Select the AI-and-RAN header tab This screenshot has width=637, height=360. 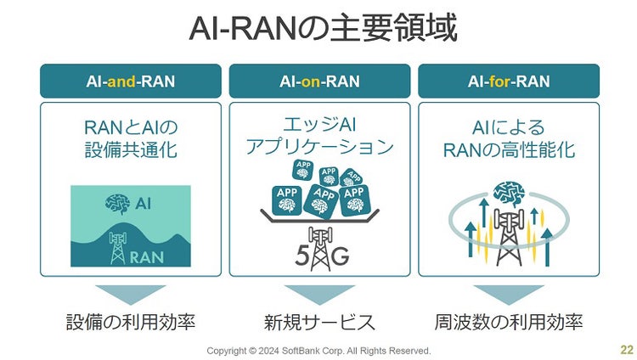131,82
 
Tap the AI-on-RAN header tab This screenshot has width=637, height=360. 319,82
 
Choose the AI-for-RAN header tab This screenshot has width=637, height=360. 508,82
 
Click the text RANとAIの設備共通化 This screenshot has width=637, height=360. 131,138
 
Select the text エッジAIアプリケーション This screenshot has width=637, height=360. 319,136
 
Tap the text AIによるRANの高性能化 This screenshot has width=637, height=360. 508,138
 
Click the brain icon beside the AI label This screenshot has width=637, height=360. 118,204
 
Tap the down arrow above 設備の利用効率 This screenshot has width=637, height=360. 131,294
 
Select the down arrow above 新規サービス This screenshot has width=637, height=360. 319,294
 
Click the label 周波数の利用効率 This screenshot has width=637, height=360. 508,323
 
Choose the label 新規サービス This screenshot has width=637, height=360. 319,323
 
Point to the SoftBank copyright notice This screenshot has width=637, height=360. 319,351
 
